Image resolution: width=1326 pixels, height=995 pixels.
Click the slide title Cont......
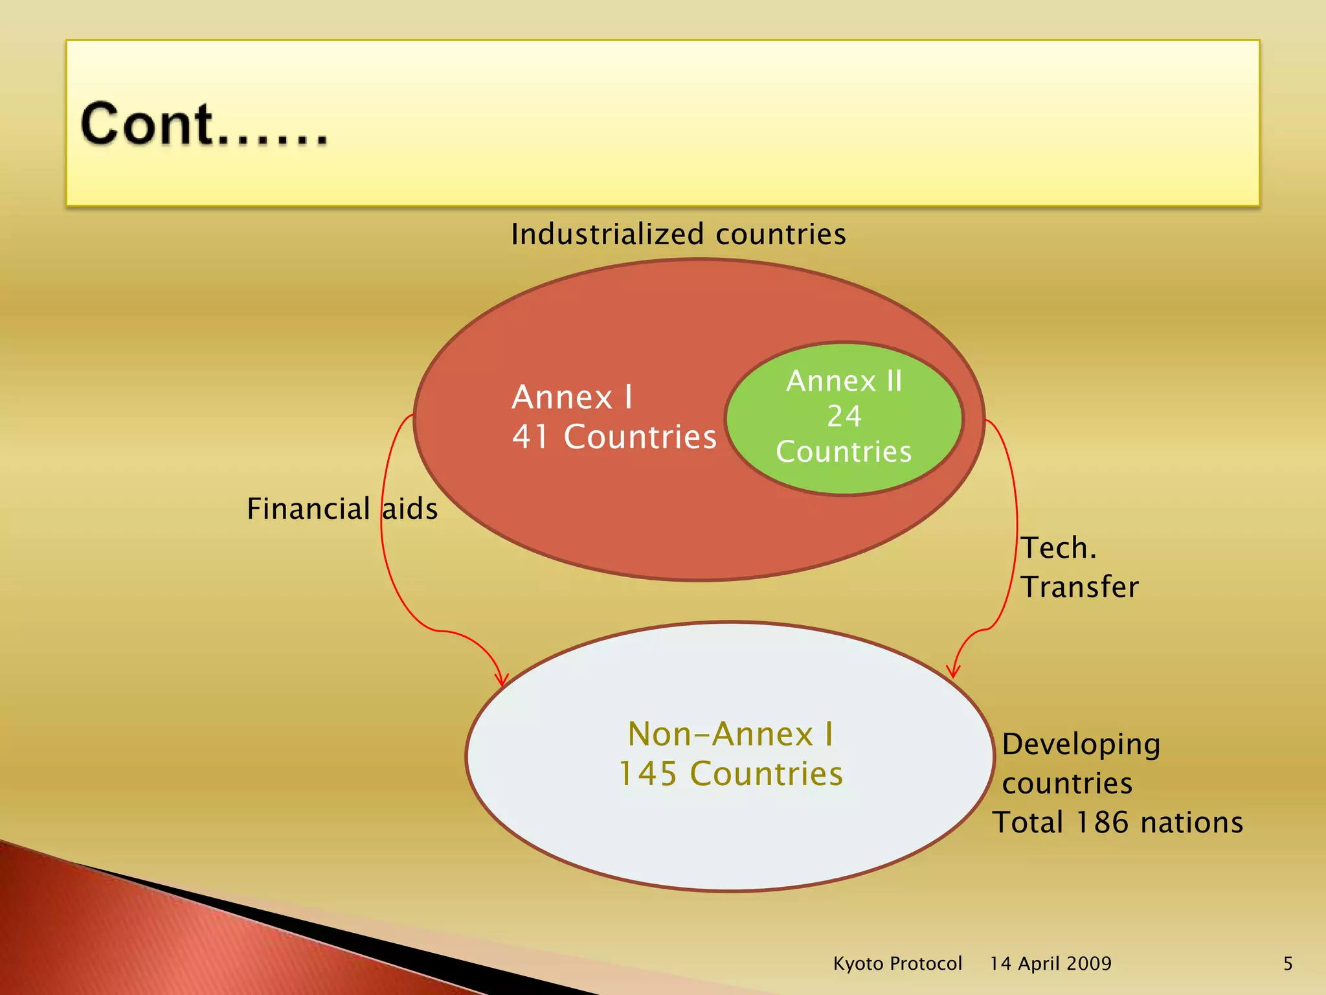click(203, 124)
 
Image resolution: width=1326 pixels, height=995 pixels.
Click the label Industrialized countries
click(678, 234)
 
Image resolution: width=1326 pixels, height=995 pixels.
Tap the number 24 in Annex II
click(844, 417)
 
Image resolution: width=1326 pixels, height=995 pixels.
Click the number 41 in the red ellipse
click(531, 437)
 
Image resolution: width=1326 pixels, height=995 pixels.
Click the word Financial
click(308, 509)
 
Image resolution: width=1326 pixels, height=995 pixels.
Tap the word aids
click(410, 509)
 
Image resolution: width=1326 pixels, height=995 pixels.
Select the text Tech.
click(1059, 548)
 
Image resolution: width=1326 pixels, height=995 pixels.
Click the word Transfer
click(1079, 587)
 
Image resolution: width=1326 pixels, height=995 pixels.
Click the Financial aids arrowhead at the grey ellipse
click(502, 680)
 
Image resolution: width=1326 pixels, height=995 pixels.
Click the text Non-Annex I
click(730, 735)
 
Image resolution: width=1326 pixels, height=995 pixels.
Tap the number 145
click(647, 774)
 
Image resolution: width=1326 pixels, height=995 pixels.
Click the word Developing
click(1081, 744)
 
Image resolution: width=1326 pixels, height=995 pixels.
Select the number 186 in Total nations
click(1102, 823)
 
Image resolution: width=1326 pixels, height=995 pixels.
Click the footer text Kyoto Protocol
click(897, 964)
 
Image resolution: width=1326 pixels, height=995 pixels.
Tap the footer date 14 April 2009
click(1050, 964)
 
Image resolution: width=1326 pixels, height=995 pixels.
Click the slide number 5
click(1288, 964)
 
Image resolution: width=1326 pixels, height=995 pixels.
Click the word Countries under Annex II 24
click(844, 452)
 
